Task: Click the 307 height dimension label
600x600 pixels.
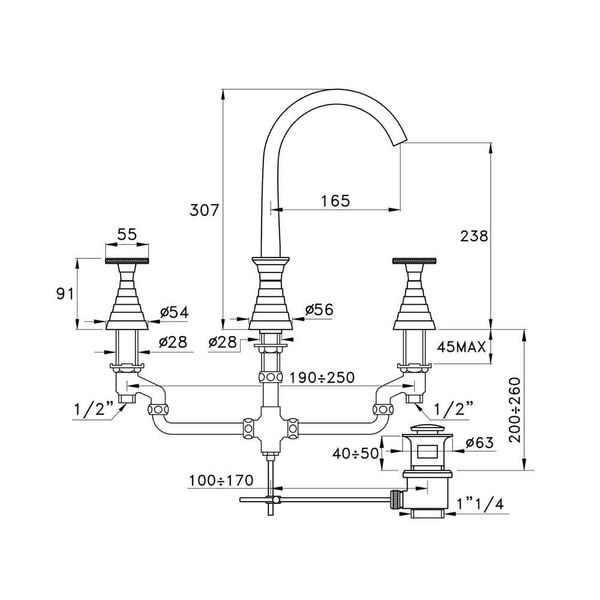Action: tap(204, 210)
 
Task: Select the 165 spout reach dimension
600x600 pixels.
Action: tap(336, 201)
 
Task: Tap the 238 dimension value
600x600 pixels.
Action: tap(474, 236)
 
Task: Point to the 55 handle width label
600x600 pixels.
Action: tap(127, 234)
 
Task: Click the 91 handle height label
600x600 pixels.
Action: tap(65, 294)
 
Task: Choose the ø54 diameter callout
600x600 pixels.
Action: tap(174, 312)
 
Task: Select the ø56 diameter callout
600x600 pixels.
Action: tap(319, 309)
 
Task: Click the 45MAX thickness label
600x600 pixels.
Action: tap(461, 347)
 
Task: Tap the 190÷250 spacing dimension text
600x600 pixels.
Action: tap(322, 378)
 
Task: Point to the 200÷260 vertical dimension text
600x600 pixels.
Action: tap(515, 410)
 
